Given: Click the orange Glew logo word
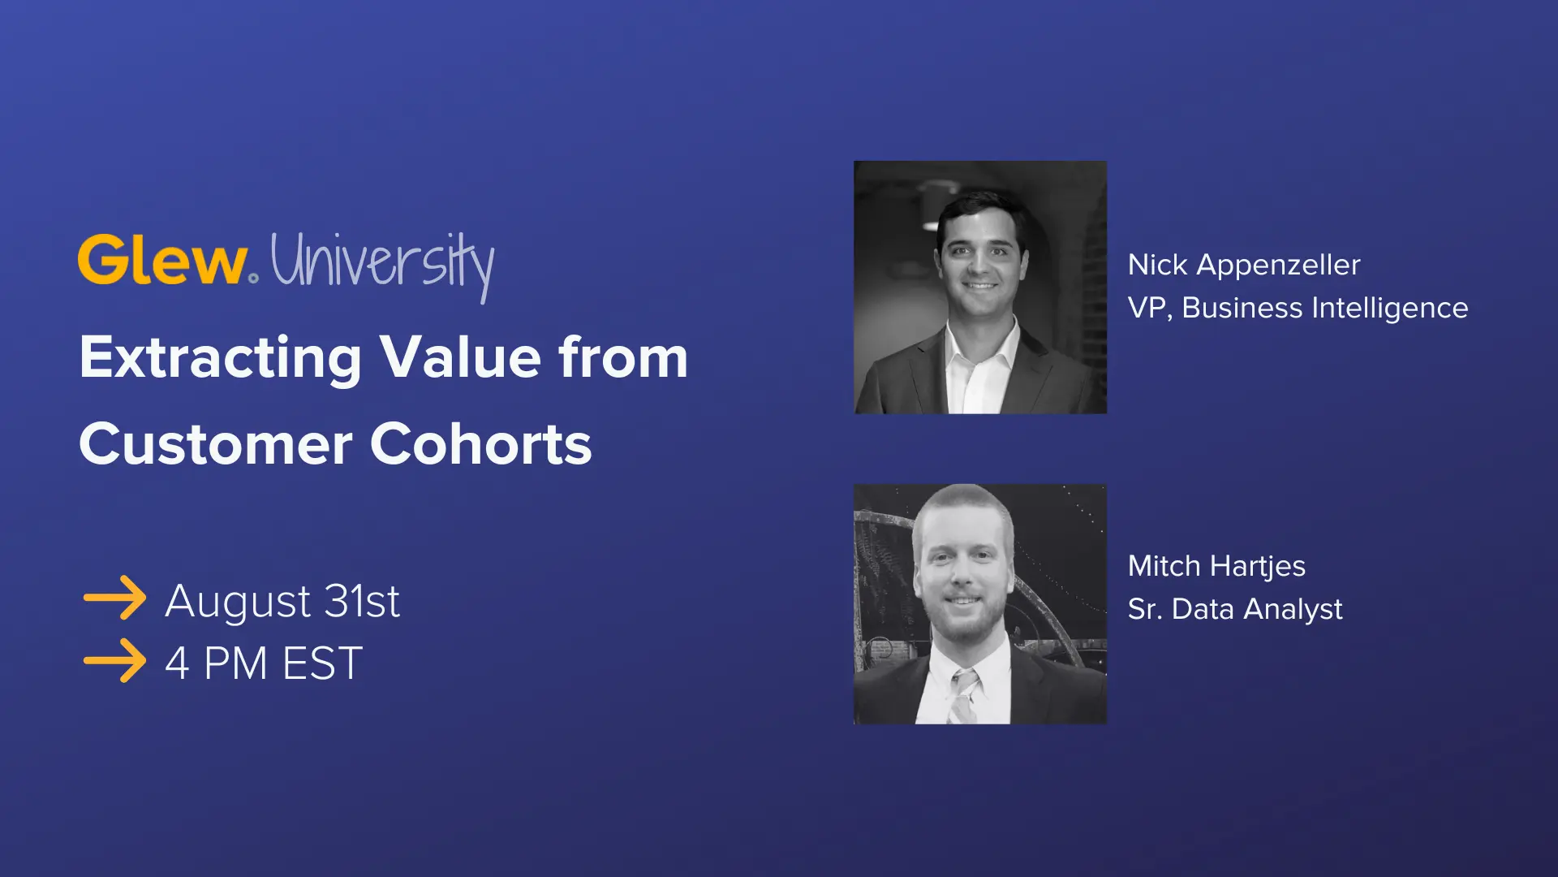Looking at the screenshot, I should point(162,261).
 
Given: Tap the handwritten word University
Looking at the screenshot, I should point(381,263).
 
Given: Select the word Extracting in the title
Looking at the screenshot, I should point(220,358).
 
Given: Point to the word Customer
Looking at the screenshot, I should point(216,445).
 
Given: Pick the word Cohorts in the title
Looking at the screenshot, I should point(481,445).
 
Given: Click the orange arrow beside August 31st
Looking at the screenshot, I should point(114,598).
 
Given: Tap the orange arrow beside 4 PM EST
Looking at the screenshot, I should point(114,660).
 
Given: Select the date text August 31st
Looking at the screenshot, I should point(282,602).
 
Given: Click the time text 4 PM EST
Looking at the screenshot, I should point(264,663).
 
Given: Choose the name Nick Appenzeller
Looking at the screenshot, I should point(1243,265).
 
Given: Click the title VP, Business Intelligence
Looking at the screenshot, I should point(1298,308).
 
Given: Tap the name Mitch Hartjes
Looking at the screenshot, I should point(1216,566).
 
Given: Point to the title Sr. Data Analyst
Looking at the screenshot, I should point(1235,609).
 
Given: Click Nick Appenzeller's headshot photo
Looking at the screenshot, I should point(980,287).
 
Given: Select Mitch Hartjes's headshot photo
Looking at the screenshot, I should point(980,604).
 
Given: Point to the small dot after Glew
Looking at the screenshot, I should point(254,278).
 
